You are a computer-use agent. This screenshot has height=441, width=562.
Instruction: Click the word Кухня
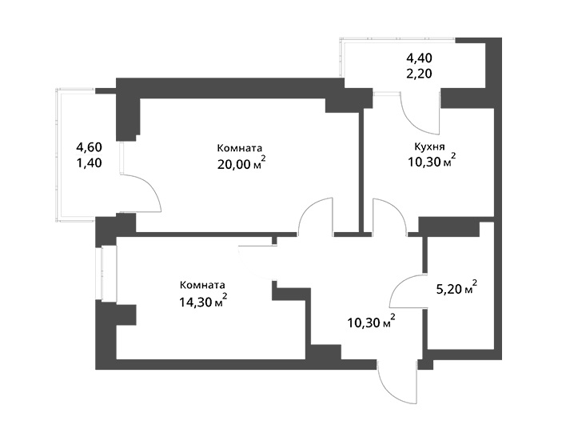(x=429, y=147)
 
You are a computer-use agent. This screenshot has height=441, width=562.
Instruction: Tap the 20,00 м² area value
(x=241, y=163)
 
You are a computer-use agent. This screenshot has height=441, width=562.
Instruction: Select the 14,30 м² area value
(x=203, y=301)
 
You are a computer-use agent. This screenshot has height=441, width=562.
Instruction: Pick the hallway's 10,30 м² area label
(x=372, y=322)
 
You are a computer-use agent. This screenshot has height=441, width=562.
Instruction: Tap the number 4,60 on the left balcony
(x=90, y=147)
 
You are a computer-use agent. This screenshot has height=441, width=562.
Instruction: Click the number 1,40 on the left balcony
(x=90, y=163)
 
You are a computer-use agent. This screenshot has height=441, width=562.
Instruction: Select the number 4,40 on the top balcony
(x=419, y=58)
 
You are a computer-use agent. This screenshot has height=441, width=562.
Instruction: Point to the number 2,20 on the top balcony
(x=419, y=74)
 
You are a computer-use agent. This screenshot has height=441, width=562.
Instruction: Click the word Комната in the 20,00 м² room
(x=239, y=148)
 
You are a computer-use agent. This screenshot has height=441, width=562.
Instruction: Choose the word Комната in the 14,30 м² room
(x=202, y=285)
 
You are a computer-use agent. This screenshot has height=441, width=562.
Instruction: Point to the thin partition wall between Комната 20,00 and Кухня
(x=361, y=170)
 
